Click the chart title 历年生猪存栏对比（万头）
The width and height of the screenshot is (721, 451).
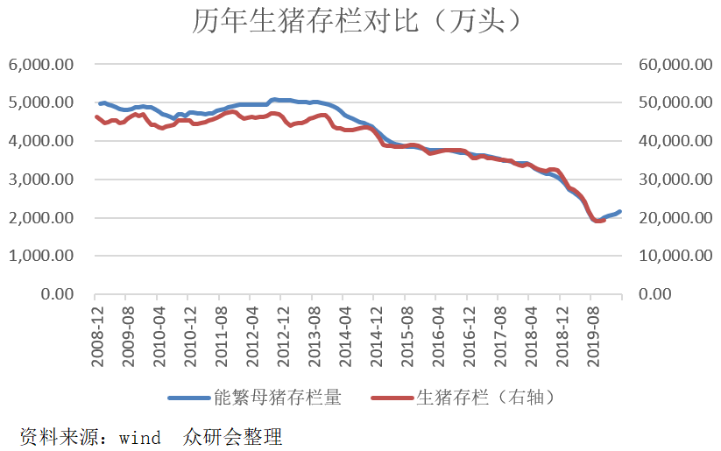pyautogui.click(x=357, y=21)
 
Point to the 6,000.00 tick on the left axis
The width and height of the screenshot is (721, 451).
pyautogui.click(x=41, y=64)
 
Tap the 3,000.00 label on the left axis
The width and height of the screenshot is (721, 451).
pyautogui.click(x=41, y=180)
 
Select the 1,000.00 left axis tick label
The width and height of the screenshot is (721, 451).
pyautogui.click(x=41, y=256)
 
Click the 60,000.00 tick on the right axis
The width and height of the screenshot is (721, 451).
pyautogui.click(x=675, y=64)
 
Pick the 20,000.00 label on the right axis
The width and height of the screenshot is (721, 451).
pyautogui.click(x=675, y=217)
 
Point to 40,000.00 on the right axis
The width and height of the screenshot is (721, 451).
pyautogui.click(x=675, y=141)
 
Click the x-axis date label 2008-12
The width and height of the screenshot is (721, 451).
pyautogui.click(x=97, y=336)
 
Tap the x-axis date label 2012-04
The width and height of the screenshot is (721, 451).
pyautogui.click(x=252, y=336)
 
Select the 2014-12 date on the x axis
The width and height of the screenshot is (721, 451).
pyautogui.click(x=377, y=336)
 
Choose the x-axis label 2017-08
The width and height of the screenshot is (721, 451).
pyautogui.click(x=500, y=336)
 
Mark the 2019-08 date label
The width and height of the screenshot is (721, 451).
pyautogui.click(x=593, y=336)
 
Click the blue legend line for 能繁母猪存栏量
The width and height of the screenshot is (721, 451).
pyautogui.click(x=189, y=398)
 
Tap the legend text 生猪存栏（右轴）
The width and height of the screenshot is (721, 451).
pyautogui.click(x=485, y=398)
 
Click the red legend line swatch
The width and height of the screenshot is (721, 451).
pyautogui.click(x=392, y=398)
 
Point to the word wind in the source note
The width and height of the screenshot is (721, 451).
pyautogui.click(x=140, y=438)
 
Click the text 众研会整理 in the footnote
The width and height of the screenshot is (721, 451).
pyautogui.click(x=232, y=437)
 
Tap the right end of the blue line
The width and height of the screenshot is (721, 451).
pyautogui.click(x=620, y=211)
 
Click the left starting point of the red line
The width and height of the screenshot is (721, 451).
pyautogui.click(x=96, y=117)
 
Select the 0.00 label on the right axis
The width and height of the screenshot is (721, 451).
pyautogui.click(x=654, y=293)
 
